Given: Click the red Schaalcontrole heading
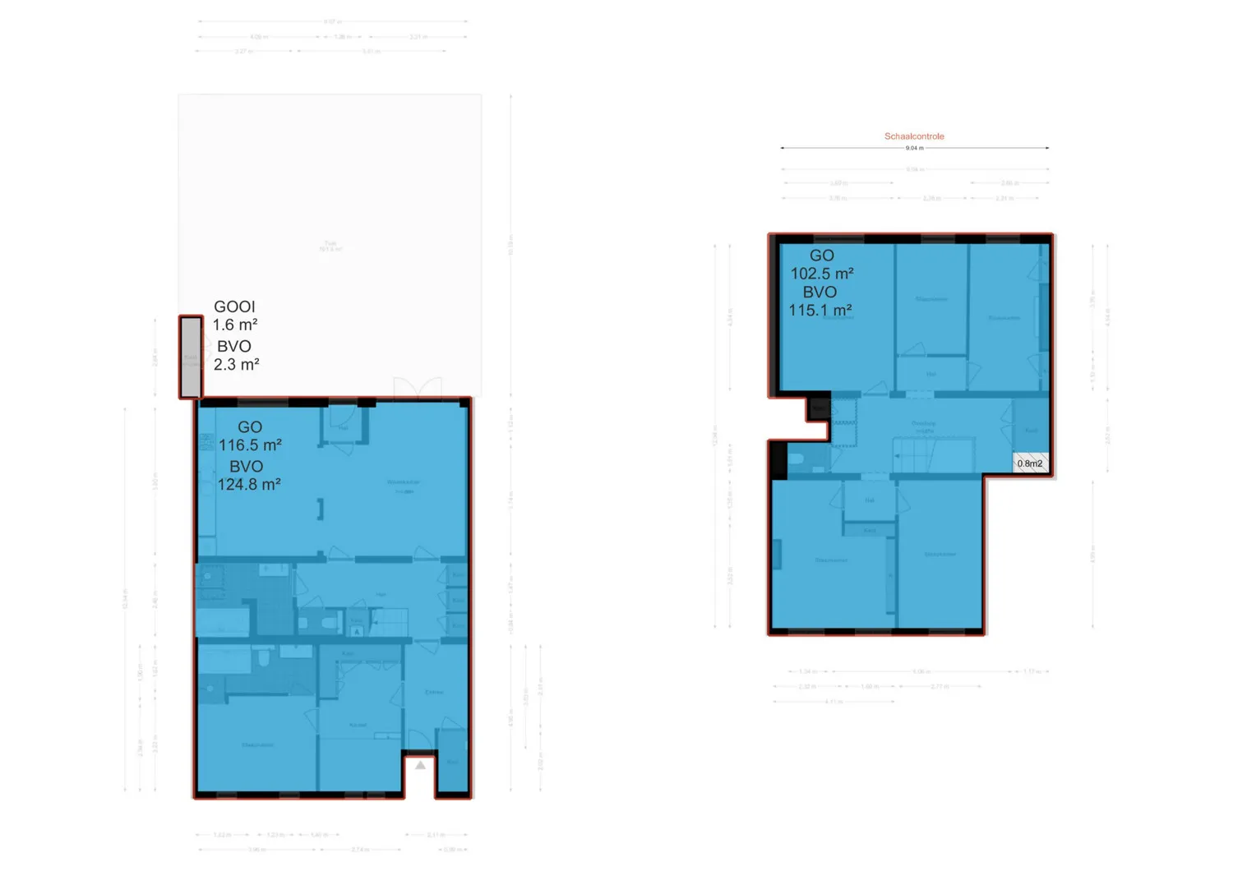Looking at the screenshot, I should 914,136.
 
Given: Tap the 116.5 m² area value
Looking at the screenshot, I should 250,445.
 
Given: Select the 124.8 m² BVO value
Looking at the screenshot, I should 249,485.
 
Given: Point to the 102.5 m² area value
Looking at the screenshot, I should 822,274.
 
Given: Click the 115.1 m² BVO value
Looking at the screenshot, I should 820,311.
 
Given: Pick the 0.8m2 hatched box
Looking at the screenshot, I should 1030,463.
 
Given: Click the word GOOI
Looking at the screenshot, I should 234,306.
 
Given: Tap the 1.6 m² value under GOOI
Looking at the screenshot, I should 235,325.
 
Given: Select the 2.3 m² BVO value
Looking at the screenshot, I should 237,365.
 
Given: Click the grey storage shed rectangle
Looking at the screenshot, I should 191,358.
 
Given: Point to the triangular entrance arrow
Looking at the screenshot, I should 420,765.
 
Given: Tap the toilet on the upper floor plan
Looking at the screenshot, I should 797,459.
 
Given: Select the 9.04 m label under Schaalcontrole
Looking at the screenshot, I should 914,149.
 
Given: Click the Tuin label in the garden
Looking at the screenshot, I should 330,244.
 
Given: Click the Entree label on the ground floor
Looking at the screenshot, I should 434,692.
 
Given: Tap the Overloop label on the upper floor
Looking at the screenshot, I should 923,424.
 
